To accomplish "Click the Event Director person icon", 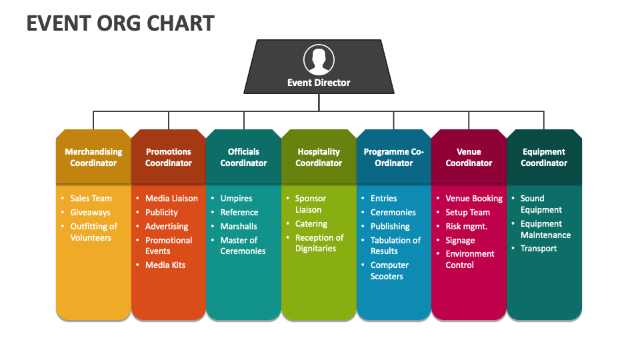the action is pyautogui.click(x=319, y=59).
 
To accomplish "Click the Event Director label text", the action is pyautogui.click(x=319, y=83).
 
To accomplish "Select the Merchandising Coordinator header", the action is pyautogui.click(x=93, y=157).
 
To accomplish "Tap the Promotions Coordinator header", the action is pyautogui.click(x=169, y=157).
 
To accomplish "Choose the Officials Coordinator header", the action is pyautogui.click(x=244, y=157).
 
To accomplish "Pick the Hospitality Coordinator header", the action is pyautogui.click(x=319, y=157).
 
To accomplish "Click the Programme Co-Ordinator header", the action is pyautogui.click(x=394, y=157).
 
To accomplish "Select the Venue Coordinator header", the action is pyautogui.click(x=469, y=157).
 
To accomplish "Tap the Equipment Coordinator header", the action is pyautogui.click(x=544, y=157).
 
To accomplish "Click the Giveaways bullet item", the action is pyautogui.click(x=90, y=212).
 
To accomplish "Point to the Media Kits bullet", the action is pyautogui.click(x=165, y=265).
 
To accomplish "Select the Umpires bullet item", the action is pyautogui.click(x=236, y=199).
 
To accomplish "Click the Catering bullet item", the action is pyautogui.click(x=311, y=224).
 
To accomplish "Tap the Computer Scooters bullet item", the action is pyautogui.click(x=389, y=271).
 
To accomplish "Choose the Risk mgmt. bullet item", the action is pyautogui.click(x=467, y=227).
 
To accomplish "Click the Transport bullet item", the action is pyautogui.click(x=539, y=249).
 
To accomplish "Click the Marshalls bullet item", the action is pyautogui.click(x=239, y=227).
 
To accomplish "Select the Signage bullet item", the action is pyautogui.click(x=460, y=241).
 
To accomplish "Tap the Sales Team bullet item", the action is pyautogui.click(x=91, y=199).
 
